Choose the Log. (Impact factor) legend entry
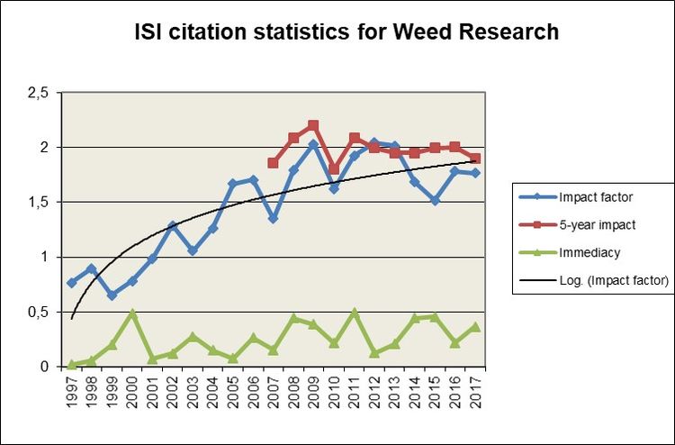pyautogui.click(x=594, y=281)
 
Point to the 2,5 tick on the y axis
pyautogui.click(x=36, y=92)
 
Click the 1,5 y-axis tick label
pyautogui.click(x=36, y=202)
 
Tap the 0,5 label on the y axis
pyautogui.click(x=36, y=312)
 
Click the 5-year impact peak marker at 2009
pyautogui.click(x=313, y=125)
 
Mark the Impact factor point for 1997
pyautogui.click(x=72, y=283)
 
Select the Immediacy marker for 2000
pyautogui.click(x=132, y=313)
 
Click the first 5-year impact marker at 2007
pyautogui.click(x=273, y=163)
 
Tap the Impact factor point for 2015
pyautogui.click(x=435, y=201)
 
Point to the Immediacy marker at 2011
pyautogui.click(x=354, y=313)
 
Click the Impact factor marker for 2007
pyautogui.click(x=273, y=218)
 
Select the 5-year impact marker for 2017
pyautogui.click(x=475, y=159)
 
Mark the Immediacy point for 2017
pyautogui.click(x=475, y=327)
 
